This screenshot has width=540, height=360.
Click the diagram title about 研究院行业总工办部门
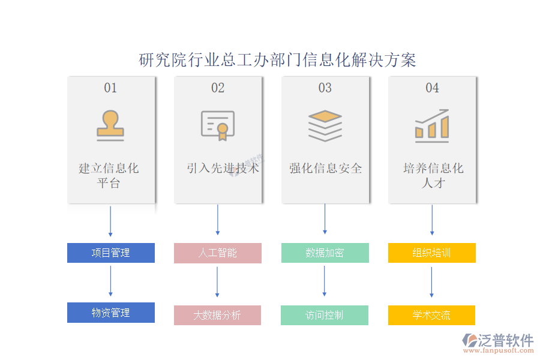[x=277, y=60]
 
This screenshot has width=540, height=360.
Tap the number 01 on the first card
[x=110, y=88]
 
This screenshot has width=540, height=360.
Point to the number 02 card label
[x=218, y=88]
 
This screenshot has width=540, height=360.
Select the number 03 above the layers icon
[x=325, y=88]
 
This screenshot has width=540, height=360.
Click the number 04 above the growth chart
[x=432, y=88]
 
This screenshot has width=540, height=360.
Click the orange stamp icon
[x=110, y=125]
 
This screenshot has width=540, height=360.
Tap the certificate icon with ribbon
[x=217, y=125]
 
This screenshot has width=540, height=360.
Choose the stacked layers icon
[x=325, y=125]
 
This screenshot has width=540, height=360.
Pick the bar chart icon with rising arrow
[x=432, y=125]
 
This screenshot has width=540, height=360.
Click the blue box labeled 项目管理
[x=110, y=253]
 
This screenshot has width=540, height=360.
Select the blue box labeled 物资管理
[x=110, y=313]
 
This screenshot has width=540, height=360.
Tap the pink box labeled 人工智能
[x=218, y=253]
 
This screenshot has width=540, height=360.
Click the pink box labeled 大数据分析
[x=217, y=315]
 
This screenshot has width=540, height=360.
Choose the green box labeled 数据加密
[x=325, y=253]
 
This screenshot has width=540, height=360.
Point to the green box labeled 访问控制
[x=325, y=315]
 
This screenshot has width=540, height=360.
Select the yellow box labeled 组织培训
[x=432, y=253]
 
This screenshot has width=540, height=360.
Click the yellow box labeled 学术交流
[x=431, y=315]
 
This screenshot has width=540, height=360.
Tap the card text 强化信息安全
[x=325, y=169]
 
